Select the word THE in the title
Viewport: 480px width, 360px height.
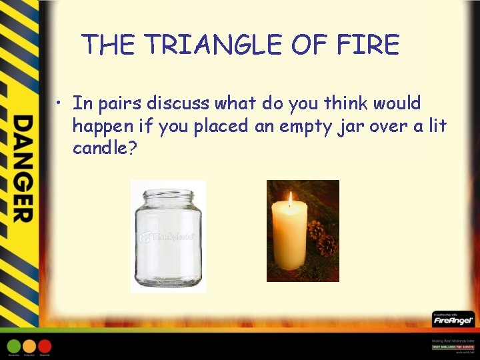click(x=109, y=45)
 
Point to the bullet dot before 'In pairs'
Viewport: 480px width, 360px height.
click(x=60, y=104)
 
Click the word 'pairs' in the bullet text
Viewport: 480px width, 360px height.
click(x=123, y=104)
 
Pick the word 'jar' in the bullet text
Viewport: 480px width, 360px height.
click(x=349, y=127)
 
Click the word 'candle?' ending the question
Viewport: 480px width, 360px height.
click(x=105, y=148)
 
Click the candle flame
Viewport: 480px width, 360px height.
click(x=289, y=199)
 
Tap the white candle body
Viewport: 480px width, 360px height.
click(x=289, y=237)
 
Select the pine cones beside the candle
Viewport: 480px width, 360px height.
click(x=321, y=237)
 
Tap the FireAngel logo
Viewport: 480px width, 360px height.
click(x=453, y=320)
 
